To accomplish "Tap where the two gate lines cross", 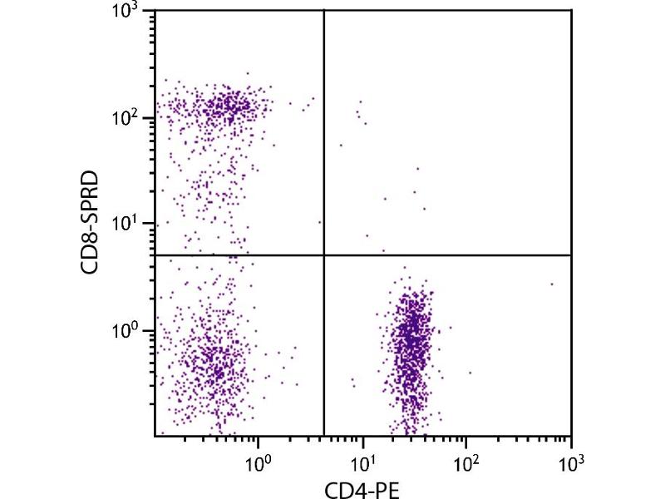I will click(323, 255).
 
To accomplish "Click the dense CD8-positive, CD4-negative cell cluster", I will click(220, 106).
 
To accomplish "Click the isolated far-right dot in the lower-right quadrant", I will click(551, 284).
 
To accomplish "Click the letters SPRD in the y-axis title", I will click(94, 202).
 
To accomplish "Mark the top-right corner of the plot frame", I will click(571, 10).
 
